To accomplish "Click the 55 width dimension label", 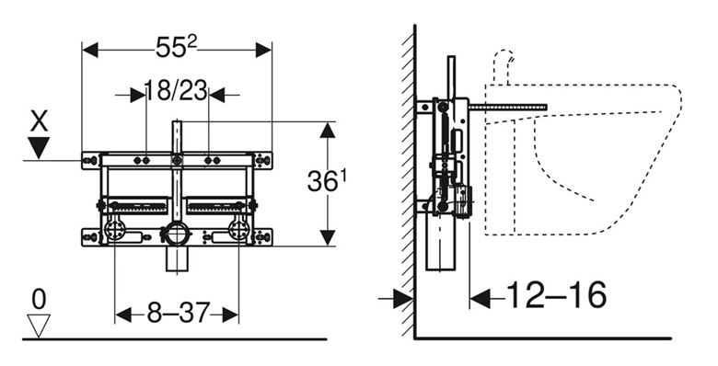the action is pos(177,47).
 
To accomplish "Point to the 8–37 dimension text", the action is pos(179,313).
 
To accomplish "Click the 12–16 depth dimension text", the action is pos(556,294).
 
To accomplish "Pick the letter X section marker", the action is pos(39,122).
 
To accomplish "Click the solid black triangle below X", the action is pos(39,147).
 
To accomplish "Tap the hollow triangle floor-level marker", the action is pos(39,326).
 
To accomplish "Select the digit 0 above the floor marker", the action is pos(39,300).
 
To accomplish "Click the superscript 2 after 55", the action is pos(192,41).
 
